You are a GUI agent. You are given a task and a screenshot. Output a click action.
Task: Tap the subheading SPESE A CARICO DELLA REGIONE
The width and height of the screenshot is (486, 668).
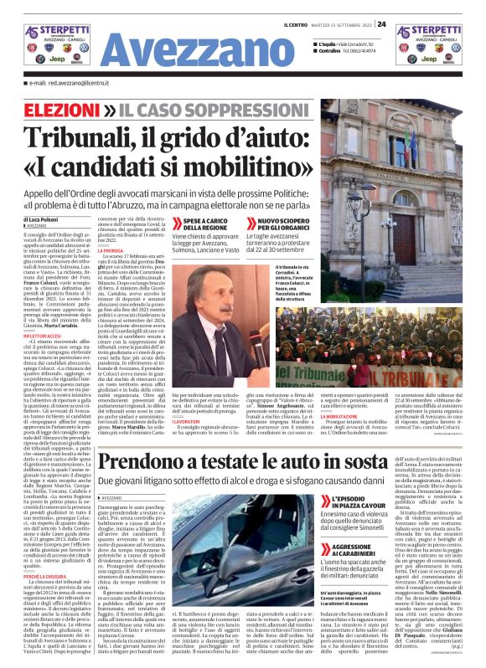tap(200, 224)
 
